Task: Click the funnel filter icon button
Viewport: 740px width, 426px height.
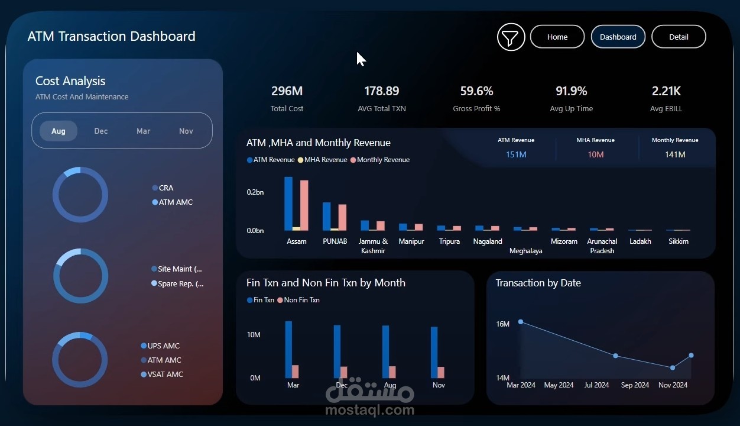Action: (x=511, y=37)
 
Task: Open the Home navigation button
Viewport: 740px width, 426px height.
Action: (x=557, y=37)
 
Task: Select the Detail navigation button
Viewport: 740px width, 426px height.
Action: (x=679, y=37)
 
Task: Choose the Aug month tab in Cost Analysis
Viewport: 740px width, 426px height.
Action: (x=59, y=131)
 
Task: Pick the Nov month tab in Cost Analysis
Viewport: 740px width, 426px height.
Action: (x=186, y=131)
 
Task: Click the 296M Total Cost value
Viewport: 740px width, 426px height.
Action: (x=287, y=91)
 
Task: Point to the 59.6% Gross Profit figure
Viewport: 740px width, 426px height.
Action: (x=476, y=91)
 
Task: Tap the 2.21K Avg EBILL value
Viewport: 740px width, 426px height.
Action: (x=666, y=91)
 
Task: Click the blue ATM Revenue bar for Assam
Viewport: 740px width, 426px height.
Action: (x=288, y=204)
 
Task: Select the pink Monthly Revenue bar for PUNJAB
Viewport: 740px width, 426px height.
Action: (x=342, y=217)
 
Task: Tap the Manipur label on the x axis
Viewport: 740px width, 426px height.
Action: (x=411, y=241)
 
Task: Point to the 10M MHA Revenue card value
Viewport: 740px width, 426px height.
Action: (x=595, y=154)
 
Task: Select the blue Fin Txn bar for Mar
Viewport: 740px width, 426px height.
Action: (x=288, y=350)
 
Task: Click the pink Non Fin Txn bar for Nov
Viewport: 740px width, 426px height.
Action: (x=441, y=372)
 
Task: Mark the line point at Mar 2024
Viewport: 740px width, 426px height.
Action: (x=521, y=322)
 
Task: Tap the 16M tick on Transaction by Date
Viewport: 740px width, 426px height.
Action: (x=502, y=324)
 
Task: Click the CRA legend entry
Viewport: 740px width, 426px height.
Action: (x=163, y=188)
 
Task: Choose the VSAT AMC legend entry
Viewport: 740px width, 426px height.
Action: (x=162, y=375)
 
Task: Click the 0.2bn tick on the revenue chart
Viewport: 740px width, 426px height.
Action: (x=255, y=192)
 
